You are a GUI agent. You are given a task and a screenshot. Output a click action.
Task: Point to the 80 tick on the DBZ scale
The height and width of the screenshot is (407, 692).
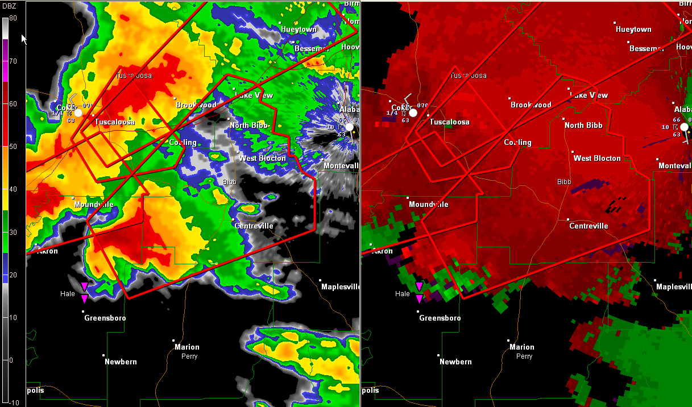(x=13, y=18)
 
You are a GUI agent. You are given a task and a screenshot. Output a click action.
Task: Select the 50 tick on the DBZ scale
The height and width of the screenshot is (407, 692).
(x=13, y=147)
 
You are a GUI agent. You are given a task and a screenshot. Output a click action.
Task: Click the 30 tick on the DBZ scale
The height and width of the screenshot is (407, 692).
(x=13, y=232)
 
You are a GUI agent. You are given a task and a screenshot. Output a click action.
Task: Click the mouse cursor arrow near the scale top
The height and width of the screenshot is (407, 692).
(x=24, y=39)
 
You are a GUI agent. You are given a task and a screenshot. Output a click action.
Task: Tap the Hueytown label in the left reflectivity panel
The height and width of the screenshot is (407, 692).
(x=299, y=30)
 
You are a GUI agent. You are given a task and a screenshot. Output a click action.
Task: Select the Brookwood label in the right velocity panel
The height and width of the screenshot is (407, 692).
(x=531, y=105)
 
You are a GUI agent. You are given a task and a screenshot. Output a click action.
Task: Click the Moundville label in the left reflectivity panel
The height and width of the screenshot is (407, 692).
(x=94, y=205)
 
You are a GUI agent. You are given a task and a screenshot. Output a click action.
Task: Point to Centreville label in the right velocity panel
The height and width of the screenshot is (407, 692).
(x=589, y=226)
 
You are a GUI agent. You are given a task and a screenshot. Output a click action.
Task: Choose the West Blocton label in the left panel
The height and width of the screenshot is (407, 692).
(x=262, y=159)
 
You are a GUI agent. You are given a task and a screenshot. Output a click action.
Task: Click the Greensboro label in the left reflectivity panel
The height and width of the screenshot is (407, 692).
(x=105, y=318)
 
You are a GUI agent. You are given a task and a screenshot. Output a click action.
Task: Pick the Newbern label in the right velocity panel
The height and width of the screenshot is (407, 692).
(x=455, y=362)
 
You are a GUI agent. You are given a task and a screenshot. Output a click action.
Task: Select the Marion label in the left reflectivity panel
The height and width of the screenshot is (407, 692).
(x=187, y=347)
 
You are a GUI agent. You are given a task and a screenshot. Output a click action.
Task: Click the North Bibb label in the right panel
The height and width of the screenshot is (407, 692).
(x=583, y=126)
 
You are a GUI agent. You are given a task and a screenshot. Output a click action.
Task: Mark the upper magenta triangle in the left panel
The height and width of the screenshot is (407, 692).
(x=84, y=286)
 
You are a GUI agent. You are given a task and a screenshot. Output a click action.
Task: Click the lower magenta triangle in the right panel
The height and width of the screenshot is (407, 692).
(x=419, y=299)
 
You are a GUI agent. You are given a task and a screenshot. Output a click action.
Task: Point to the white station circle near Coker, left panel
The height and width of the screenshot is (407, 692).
(x=78, y=113)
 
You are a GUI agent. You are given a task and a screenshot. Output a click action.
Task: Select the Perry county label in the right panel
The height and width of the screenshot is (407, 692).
(x=524, y=356)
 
